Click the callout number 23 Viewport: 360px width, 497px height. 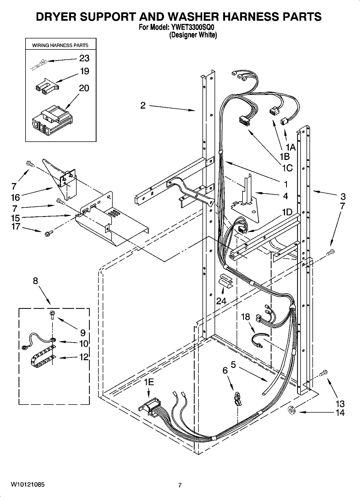point(84,58)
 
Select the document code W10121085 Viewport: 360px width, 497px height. point(28,485)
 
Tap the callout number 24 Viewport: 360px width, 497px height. point(221,301)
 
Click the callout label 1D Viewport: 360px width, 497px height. point(287,212)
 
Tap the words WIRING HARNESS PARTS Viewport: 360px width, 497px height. point(60,45)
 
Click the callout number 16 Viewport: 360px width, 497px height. point(16,198)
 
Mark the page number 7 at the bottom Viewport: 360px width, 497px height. point(180,485)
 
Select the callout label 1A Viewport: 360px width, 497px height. point(291,147)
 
